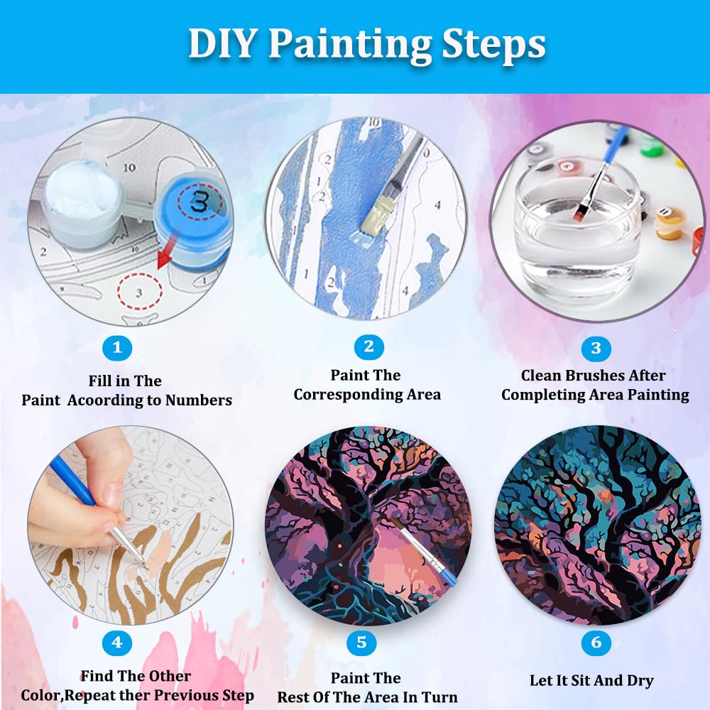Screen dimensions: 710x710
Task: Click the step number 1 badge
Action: [x=117, y=348]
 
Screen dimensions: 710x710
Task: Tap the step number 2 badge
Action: [x=368, y=346]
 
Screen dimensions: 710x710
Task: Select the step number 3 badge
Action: [x=596, y=348]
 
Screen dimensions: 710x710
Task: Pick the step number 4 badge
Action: [x=117, y=643]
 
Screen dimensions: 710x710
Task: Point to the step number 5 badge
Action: [x=362, y=643]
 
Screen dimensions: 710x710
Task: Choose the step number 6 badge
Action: [x=596, y=643]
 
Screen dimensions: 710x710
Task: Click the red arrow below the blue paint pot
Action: [x=165, y=256]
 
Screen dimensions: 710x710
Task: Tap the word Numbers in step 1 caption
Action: [x=198, y=400]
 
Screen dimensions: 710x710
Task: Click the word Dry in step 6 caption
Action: [x=639, y=680]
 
